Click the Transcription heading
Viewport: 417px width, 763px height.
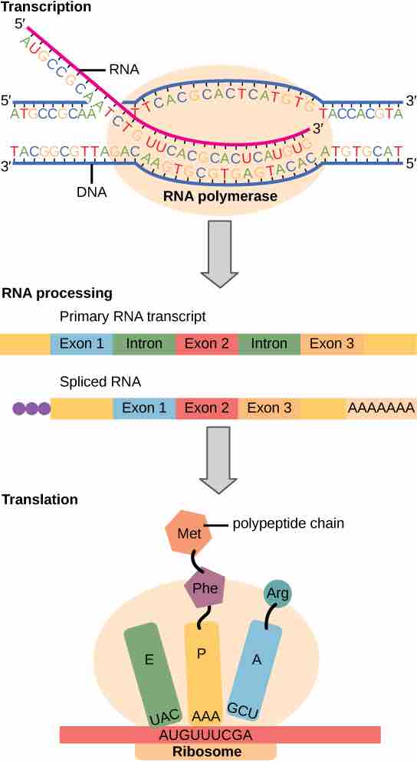point(46,8)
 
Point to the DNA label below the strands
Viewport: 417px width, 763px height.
point(91,193)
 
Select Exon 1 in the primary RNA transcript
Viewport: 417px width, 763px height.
point(81,344)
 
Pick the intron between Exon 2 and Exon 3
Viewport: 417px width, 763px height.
point(268,344)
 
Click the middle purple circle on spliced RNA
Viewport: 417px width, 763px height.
point(31,408)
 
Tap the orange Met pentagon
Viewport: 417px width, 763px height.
point(188,532)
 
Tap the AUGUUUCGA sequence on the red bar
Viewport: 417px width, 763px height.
point(219,734)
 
